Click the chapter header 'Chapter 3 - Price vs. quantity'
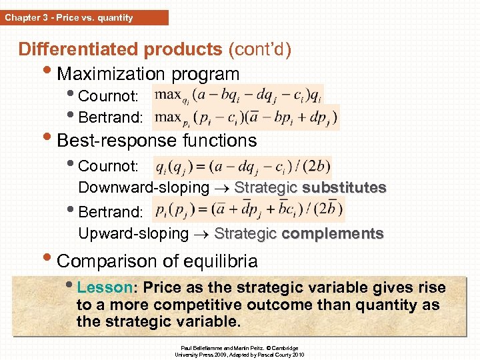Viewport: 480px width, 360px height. click(x=69, y=17)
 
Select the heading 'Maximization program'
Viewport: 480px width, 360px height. click(x=148, y=73)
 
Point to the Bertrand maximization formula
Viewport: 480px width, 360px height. click(x=246, y=117)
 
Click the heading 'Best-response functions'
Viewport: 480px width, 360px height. click(x=157, y=141)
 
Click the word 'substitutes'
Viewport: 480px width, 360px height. click(x=344, y=188)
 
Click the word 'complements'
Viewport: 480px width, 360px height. click(x=333, y=233)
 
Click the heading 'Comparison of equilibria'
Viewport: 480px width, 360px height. click(x=157, y=260)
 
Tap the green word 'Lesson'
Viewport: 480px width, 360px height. click(x=105, y=288)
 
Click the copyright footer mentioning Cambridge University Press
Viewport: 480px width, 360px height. click(x=239, y=351)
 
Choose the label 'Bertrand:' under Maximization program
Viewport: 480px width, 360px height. click(x=110, y=118)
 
